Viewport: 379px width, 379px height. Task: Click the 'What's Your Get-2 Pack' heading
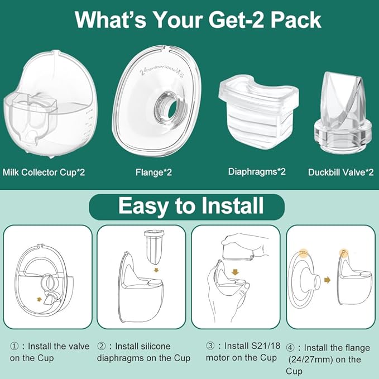click(198, 20)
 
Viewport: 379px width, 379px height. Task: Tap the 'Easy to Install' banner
click(186, 207)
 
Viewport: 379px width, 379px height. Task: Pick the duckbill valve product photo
click(342, 113)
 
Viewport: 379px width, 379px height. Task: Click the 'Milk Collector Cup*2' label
click(44, 172)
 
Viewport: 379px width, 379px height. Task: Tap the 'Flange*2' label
click(153, 172)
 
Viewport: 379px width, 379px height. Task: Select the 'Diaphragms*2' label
click(257, 172)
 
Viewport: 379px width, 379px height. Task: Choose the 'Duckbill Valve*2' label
click(340, 172)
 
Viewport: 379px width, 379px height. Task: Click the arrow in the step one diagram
click(39, 300)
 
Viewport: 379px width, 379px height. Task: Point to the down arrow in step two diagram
click(156, 270)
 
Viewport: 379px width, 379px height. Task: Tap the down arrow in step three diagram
click(234, 272)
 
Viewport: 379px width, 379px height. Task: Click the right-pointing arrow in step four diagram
click(327, 280)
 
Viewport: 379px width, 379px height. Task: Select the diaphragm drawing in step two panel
click(154, 247)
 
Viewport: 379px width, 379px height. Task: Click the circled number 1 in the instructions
click(14, 347)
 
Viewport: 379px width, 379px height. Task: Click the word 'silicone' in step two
click(155, 347)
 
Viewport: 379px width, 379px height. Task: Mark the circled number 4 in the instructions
click(290, 348)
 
